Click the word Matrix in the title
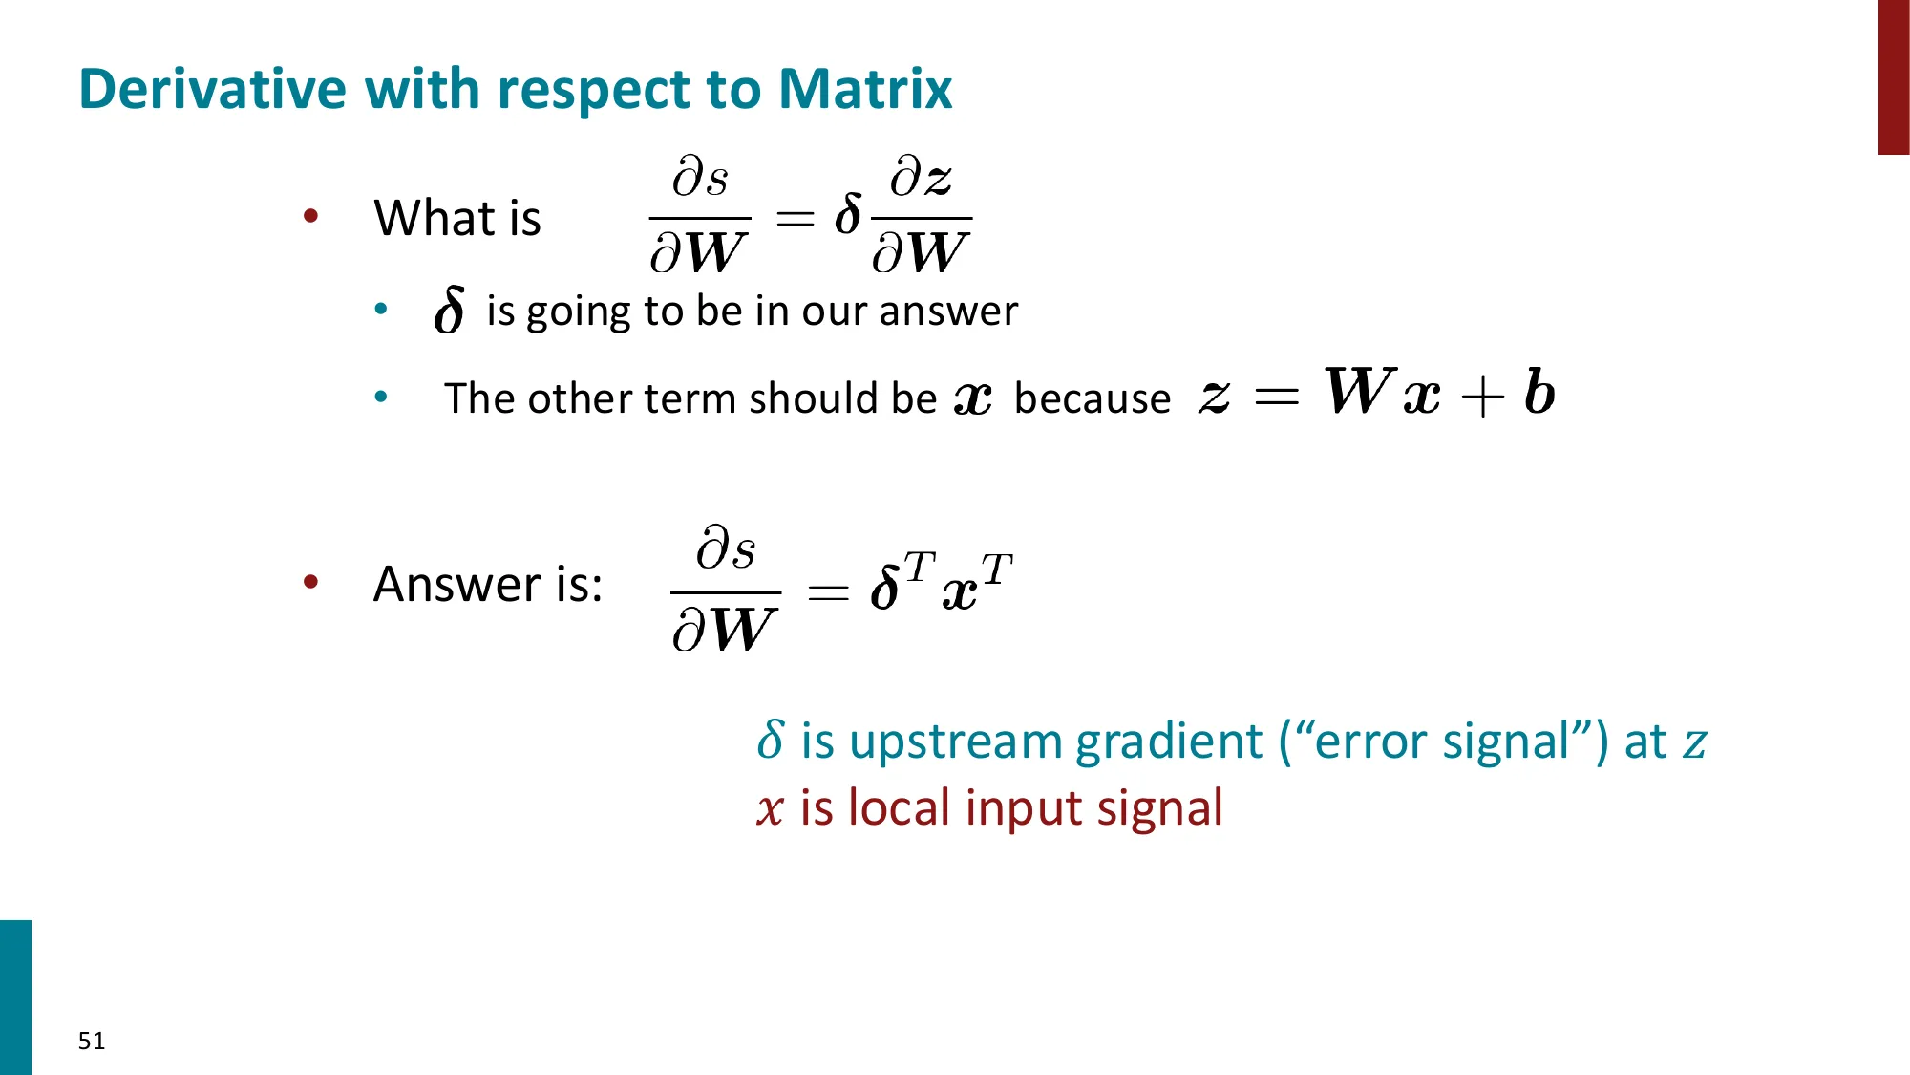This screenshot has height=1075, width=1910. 865,89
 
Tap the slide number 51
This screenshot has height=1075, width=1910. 92,1041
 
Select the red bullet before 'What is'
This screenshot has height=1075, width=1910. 310,216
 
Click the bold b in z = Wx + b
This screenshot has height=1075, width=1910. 1539,392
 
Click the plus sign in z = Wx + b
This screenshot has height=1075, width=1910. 1482,397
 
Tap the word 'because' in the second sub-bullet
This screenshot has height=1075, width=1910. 1093,398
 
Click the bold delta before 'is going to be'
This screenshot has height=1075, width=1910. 449,310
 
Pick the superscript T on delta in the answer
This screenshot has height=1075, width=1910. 919,567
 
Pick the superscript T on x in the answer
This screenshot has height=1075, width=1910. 996,569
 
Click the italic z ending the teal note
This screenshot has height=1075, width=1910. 1695,743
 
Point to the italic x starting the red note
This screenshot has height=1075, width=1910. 770,810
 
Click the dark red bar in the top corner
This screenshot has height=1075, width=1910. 1894,76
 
